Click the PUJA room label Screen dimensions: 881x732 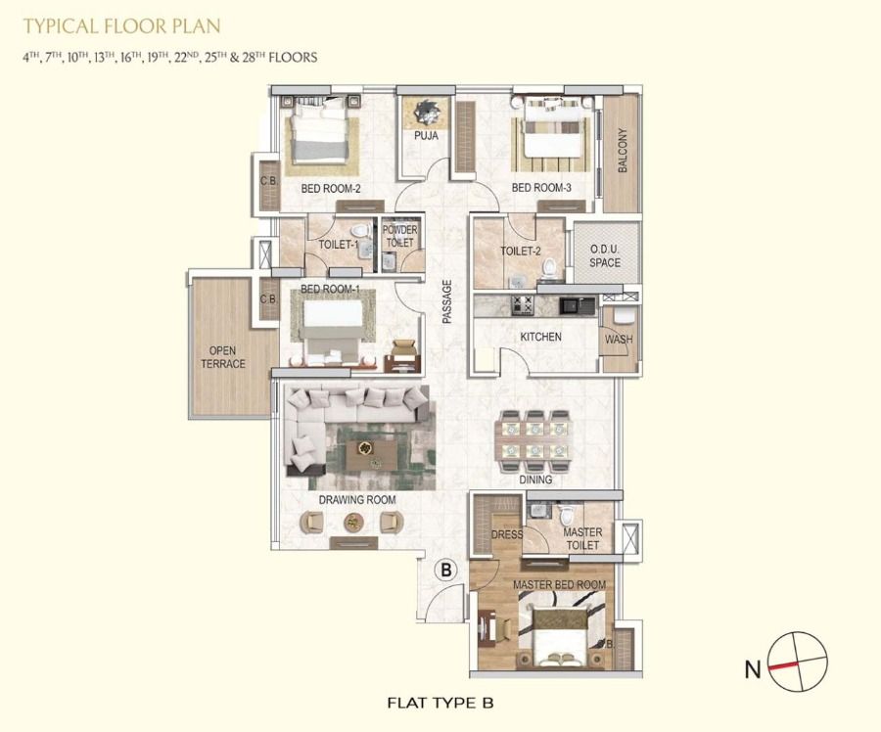[x=426, y=135]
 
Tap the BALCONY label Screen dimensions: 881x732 [x=622, y=150]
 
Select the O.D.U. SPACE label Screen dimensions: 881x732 [x=605, y=255]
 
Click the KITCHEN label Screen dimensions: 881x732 [x=540, y=337]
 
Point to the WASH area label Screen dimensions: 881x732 [x=619, y=340]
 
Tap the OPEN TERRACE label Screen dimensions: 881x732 [x=223, y=357]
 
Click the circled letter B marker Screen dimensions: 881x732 [x=446, y=571]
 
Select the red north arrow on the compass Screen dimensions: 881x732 [x=784, y=665]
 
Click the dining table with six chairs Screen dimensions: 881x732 [x=533, y=440]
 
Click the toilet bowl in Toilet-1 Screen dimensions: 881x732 [x=360, y=230]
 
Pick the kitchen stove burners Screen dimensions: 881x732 [x=523, y=305]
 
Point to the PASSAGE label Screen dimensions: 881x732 [x=446, y=301]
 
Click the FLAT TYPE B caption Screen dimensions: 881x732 [x=440, y=703]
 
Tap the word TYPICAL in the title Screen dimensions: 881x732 [x=62, y=25]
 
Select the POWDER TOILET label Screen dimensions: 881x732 [x=400, y=236]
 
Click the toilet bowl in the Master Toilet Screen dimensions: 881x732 [x=567, y=513]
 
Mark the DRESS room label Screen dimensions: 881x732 [x=507, y=534]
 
